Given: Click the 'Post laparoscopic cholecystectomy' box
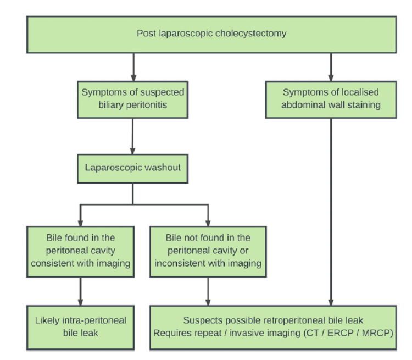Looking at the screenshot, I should (x=211, y=34).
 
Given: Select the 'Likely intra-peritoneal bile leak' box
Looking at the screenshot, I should (x=80, y=326).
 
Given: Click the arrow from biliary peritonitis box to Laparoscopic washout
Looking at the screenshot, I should (x=132, y=136).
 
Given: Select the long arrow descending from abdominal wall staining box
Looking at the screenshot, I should (x=331, y=209).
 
